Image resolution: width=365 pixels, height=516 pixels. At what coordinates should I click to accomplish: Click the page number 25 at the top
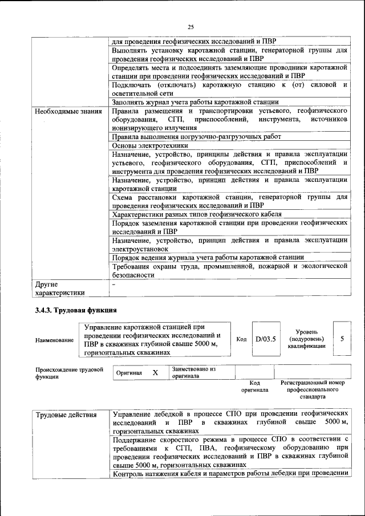point(190,26)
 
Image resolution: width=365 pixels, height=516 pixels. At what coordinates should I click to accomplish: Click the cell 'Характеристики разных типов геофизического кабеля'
point(197,214)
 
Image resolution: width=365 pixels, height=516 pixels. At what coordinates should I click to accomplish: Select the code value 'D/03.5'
point(266,339)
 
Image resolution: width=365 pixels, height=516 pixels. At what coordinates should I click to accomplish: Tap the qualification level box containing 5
point(342,339)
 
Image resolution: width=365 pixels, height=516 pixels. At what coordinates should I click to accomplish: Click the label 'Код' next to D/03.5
point(241,339)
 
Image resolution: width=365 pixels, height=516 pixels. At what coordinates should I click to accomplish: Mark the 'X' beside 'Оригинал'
point(155,372)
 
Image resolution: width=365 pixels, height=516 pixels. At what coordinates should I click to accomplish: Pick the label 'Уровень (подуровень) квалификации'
point(307,339)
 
